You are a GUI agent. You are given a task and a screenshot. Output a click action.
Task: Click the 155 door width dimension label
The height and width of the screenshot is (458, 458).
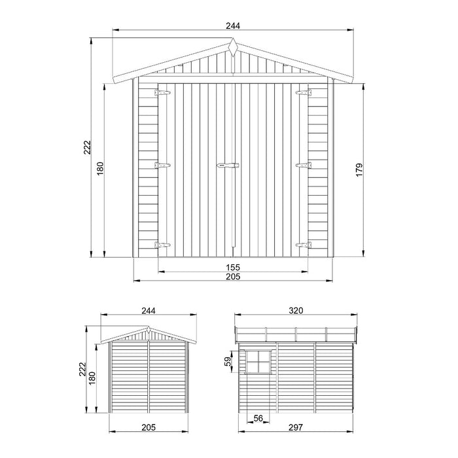tap(233, 267)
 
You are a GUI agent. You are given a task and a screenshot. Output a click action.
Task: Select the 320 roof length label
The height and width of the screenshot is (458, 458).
tap(296, 311)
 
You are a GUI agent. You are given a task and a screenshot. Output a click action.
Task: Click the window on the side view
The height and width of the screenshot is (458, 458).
tap(258, 361)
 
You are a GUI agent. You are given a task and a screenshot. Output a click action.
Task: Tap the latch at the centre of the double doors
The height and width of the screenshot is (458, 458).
tap(228, 166)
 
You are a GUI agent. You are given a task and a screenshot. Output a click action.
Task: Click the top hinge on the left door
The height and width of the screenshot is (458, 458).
tap(162, 94)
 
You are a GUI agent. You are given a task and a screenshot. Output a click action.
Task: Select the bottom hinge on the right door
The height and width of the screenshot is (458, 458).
tap(302, 245)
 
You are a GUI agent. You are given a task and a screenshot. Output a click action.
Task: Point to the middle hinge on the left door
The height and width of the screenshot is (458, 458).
tap(162, 166)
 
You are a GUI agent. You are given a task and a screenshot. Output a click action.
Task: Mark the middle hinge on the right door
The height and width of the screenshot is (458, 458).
tap(302, 166)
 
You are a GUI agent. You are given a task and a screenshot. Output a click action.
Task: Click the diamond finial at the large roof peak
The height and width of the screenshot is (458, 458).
tap(233, 46)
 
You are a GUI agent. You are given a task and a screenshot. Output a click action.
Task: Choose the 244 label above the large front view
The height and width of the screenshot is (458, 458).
tap(233, 26)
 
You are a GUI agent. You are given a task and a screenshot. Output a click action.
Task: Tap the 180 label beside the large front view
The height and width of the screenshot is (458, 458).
tap(100, 170)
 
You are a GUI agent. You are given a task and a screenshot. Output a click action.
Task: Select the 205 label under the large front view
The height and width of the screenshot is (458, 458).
tap(233, 277)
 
